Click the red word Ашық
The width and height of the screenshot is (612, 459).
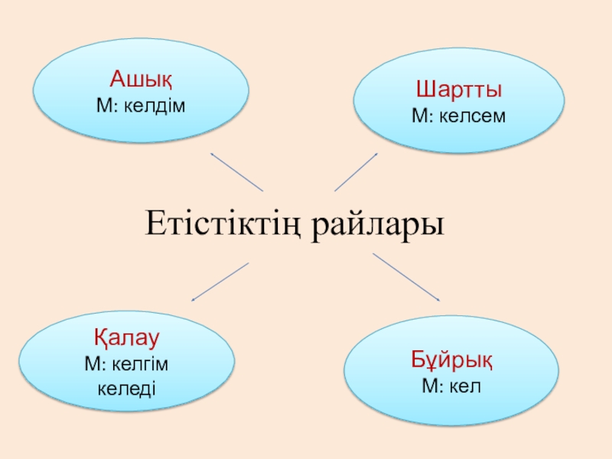click(x=141, y=80)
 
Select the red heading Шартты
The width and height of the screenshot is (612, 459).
click(x=458, y=90)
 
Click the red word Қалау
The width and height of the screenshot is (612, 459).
click(x=127, y=337)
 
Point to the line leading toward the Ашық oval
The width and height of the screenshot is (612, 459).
click(x=236, y=172)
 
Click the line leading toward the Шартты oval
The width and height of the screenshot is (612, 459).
click(x=356, y=172)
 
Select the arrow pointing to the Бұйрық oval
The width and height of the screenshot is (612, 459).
click(x=406, y=277)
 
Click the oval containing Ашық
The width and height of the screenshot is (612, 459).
click(x=142, y=90)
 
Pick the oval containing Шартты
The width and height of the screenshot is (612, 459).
click(x=458, y=103)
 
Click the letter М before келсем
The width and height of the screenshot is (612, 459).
click(x=418, y=116)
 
